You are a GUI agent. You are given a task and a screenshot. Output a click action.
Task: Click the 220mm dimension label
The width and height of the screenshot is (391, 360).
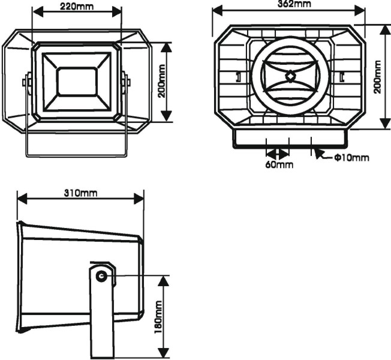(76, 5)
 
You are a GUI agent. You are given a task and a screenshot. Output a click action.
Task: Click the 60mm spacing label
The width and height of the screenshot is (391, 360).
(279, 164)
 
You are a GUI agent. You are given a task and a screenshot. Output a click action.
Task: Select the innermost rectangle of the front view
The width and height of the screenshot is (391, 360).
(76, 82)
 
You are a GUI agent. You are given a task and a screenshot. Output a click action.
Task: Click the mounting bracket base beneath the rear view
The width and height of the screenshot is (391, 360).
(290, 139)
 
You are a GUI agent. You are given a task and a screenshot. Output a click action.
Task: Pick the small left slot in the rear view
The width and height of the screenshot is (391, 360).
(238, 77)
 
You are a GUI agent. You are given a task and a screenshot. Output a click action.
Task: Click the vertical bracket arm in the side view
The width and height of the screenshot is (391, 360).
(100, 318)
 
